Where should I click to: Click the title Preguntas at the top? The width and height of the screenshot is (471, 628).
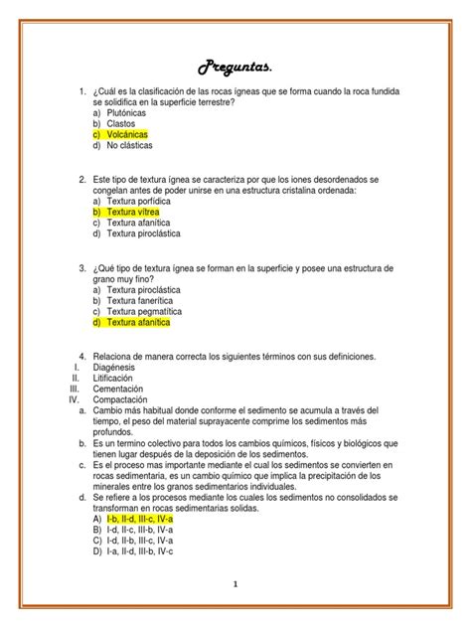tap(235, 67)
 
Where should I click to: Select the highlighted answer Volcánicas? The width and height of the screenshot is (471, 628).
tap(136, 134)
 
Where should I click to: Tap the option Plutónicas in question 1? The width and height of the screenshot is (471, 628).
tap(135, 112)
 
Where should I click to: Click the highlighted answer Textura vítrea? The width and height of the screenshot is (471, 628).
tap(140, 212)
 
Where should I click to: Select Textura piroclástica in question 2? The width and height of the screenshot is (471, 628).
tap(148, 234)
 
